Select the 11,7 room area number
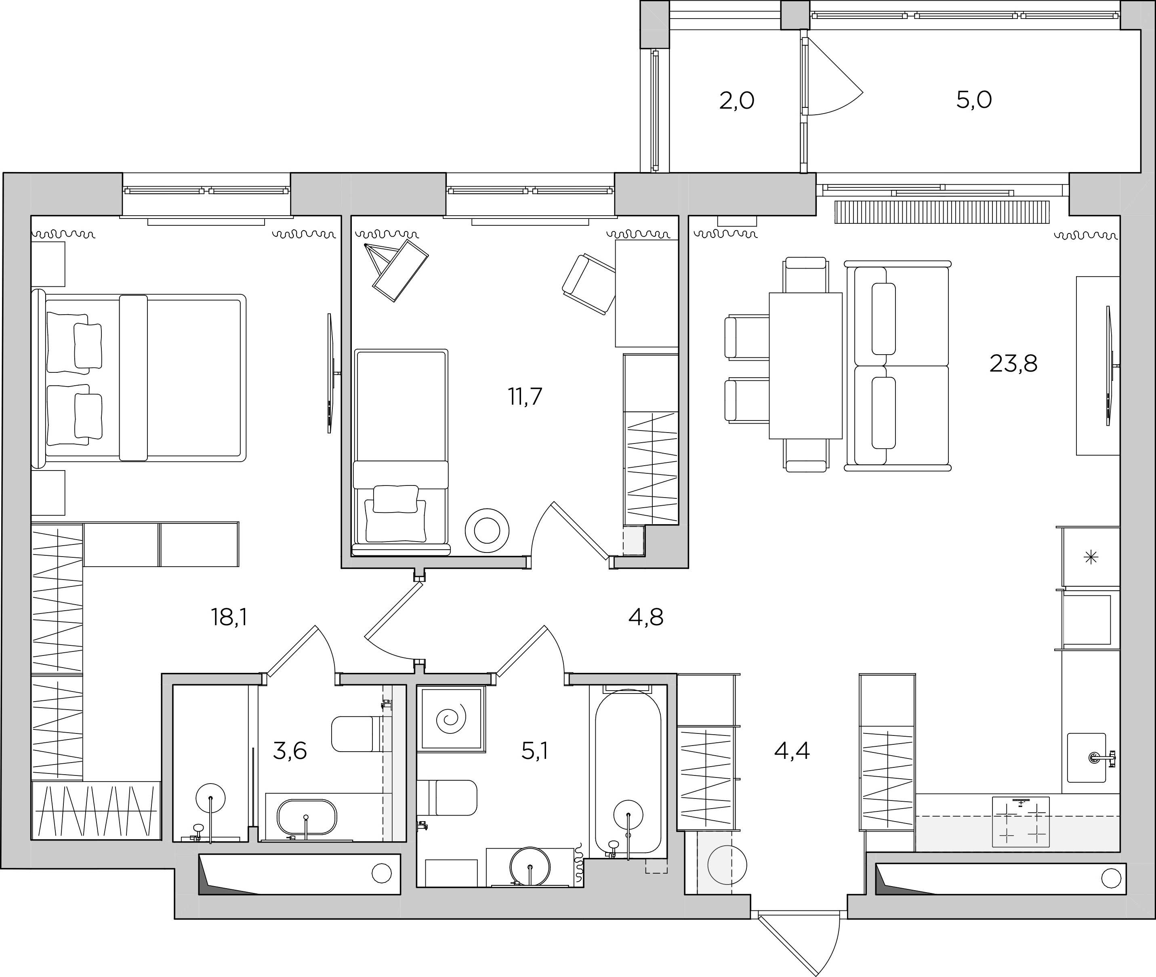[x=525, y=397]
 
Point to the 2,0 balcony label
[x=737, y=101]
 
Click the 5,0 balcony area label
[x=974, y=100]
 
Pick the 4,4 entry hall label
[x=792, y=751]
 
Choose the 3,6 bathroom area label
[x=290, y=751]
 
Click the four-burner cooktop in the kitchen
[x=1021, y=822]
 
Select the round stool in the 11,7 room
[x=487, y=531]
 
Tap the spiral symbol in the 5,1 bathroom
[x=451, y=719]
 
